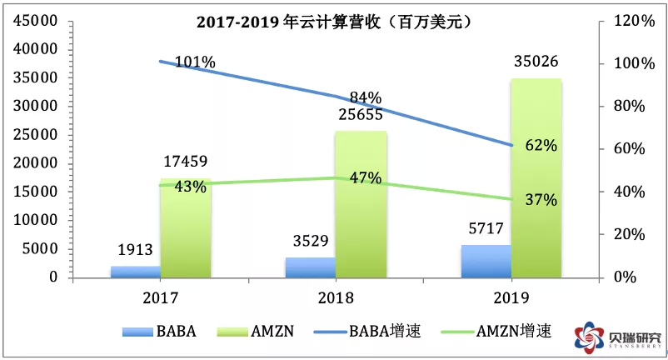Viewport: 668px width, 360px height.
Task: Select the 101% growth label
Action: click(x=195, y=62)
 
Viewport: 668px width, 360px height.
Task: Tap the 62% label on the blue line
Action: click(x=541, y=145)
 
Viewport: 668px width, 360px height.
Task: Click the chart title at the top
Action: click(x=334, y=22)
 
